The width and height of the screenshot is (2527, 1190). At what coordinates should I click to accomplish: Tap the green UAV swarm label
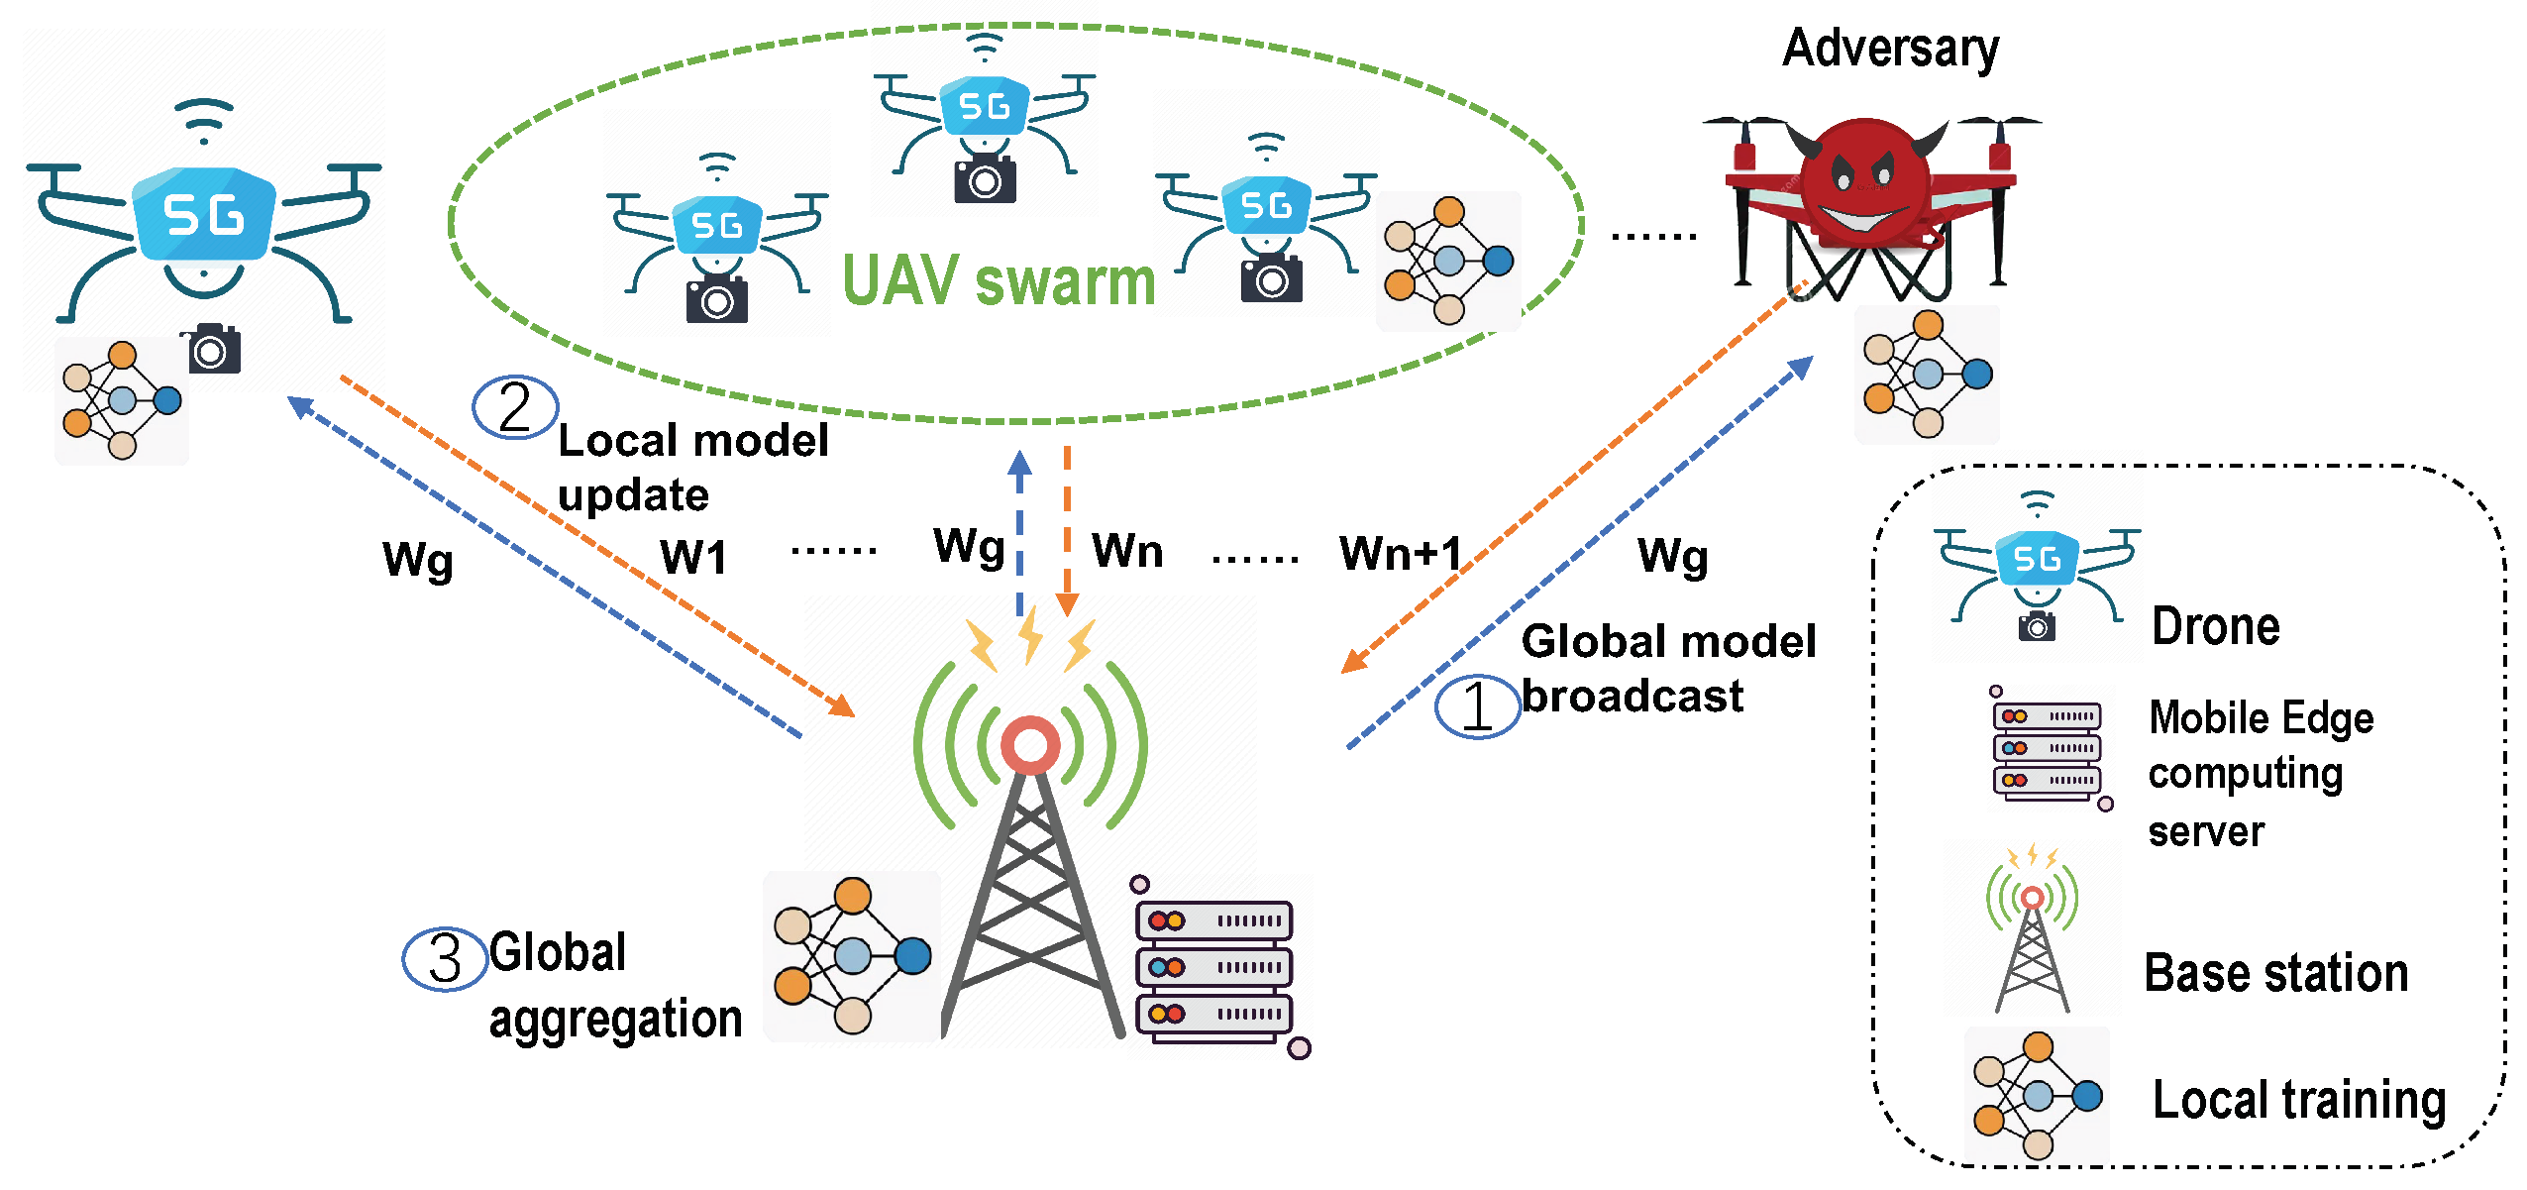pos(999,281)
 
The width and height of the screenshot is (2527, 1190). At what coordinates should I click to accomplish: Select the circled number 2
pos(515,407)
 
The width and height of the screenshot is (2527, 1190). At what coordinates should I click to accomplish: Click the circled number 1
pos(1477,706)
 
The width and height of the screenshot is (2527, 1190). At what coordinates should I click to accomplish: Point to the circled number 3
pos(445,958)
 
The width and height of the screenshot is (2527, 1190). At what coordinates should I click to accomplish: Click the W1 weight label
pos(693,557)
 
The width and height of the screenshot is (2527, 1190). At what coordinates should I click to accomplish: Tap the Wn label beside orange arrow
pos(1127,551)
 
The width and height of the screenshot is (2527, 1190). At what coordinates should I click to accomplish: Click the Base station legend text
pos(2275,972)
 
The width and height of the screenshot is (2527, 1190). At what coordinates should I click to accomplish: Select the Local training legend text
pos(2298,1100)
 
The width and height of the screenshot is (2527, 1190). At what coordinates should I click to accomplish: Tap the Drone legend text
pos(2215,626)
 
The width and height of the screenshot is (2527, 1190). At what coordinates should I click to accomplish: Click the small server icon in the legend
pos(2047,749)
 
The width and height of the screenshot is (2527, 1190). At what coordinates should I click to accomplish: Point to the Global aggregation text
pos(614,986)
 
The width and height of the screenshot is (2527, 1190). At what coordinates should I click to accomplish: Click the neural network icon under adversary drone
pos(1927,375)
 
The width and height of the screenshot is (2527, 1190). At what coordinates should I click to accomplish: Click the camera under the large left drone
pos(211,350)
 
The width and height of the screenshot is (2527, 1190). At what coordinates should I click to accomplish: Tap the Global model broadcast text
pos(1667,669)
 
